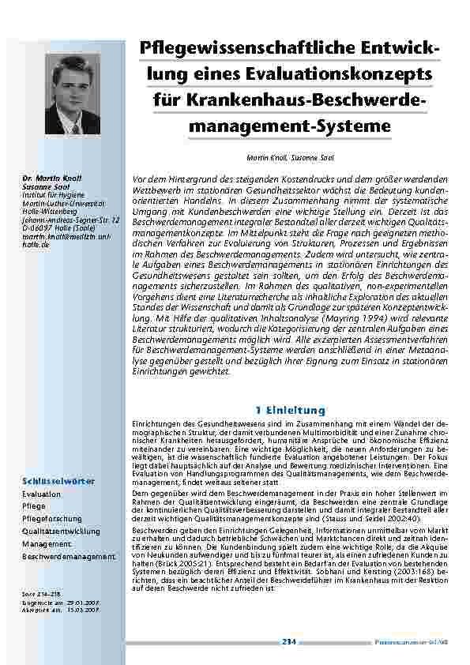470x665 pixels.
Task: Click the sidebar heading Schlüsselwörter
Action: [x=59, y=480]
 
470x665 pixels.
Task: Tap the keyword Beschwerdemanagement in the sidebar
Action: [x=70, y=557]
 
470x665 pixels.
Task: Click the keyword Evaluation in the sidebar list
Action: [x=42, y=494]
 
